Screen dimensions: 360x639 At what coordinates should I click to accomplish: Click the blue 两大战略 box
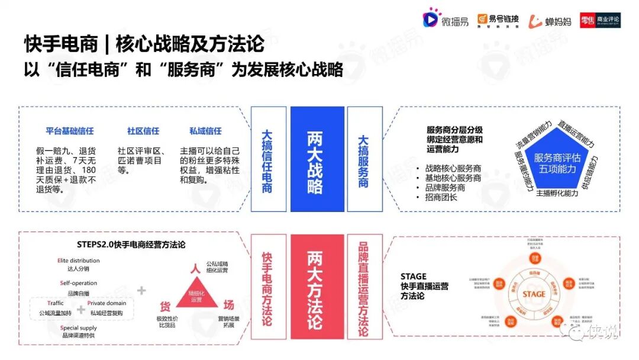coord(317,159)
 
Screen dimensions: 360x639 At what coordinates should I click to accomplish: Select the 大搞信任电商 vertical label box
coord(268,159)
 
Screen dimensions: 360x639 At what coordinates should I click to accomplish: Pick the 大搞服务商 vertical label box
coord(364,159)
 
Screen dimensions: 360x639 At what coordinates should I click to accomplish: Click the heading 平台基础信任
coord(70,131)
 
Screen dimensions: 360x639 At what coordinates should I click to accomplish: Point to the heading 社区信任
coord(143,131)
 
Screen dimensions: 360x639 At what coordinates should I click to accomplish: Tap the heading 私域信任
coord(205,131)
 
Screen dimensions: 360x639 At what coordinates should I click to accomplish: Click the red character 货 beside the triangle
coord(165,306)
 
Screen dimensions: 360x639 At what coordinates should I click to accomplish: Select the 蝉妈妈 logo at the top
coord(550,21)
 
